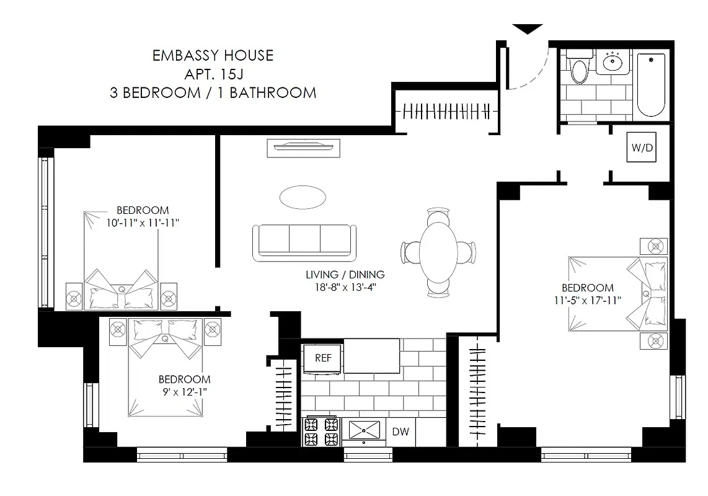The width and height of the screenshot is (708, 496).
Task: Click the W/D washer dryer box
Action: pos(641,148)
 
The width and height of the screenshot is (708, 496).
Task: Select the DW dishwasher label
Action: pos(400,432)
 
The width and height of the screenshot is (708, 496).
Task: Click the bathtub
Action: pos(650,85)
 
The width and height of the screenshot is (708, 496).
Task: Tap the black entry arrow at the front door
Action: pos(528,29)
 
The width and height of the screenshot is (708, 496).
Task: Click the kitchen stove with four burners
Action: pos(322,432)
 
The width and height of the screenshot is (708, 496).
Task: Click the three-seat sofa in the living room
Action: pos(304,242)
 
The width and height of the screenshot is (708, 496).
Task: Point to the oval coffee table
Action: pos(303,198)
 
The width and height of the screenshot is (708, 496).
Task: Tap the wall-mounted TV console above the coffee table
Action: pos(303,148)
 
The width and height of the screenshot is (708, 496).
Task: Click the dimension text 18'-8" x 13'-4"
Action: pos(345,286)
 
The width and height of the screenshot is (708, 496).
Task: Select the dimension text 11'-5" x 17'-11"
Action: pos(587,300)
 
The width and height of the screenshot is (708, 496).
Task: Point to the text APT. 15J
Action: pos(213,74)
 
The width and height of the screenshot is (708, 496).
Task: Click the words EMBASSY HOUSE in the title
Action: pos(213,55)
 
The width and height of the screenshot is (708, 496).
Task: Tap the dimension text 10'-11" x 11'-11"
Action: pos(142,223)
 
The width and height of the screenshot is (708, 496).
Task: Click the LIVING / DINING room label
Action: pos(345,274)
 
